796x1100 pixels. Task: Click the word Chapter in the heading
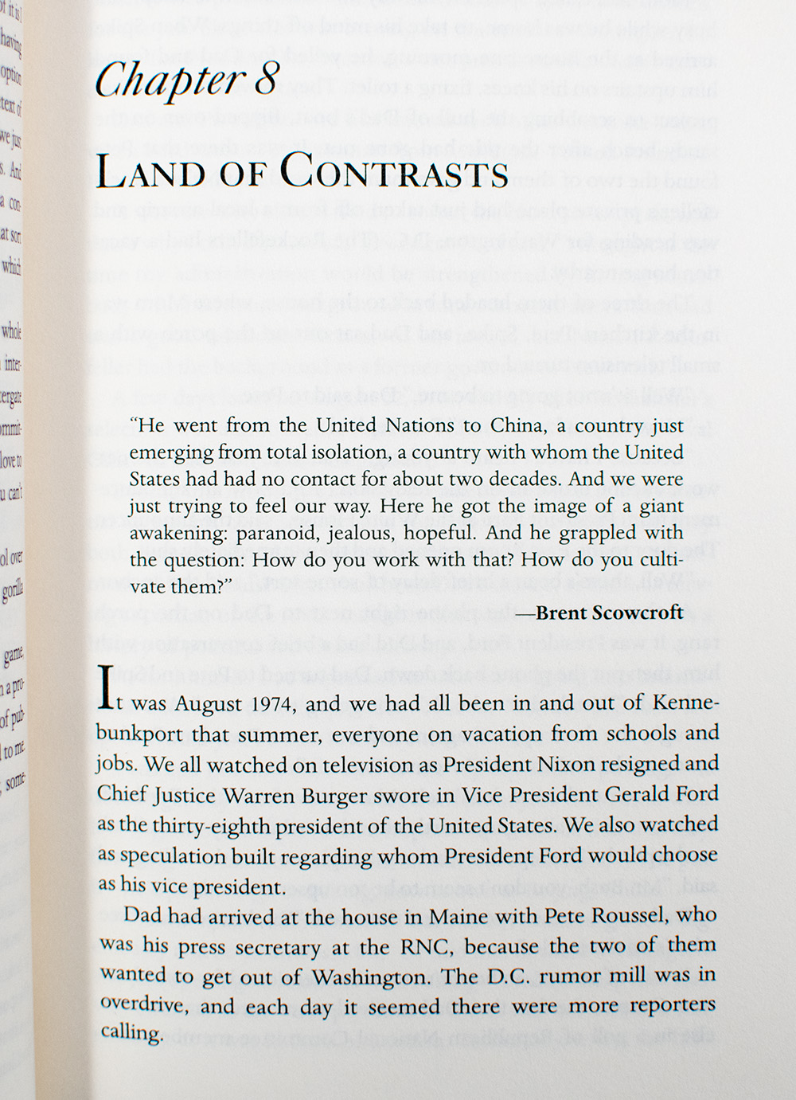(x=168, y=81)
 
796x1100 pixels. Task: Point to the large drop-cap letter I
(x=104, y=691)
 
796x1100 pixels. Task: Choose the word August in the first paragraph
(x=207, y=706)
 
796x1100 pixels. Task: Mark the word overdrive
(x=142, y=1005)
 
